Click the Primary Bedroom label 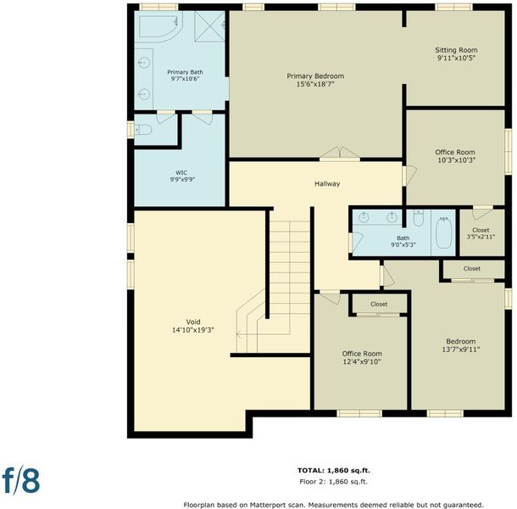tap(315, 76)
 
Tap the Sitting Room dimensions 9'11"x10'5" tap(456, 58)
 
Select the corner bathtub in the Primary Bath tap(160, 27)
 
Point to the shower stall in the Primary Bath tap(209, 26)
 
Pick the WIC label tap(181, 173)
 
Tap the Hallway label tap(327, 184)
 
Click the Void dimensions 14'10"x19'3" tap(193, 330)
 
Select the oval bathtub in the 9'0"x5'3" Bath tap(444, 232)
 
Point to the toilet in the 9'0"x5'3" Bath tap(418, 218)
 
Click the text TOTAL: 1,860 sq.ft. tap(334, 470)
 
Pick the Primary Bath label tap(185, 72)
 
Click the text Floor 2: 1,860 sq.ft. tap(333, 482)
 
